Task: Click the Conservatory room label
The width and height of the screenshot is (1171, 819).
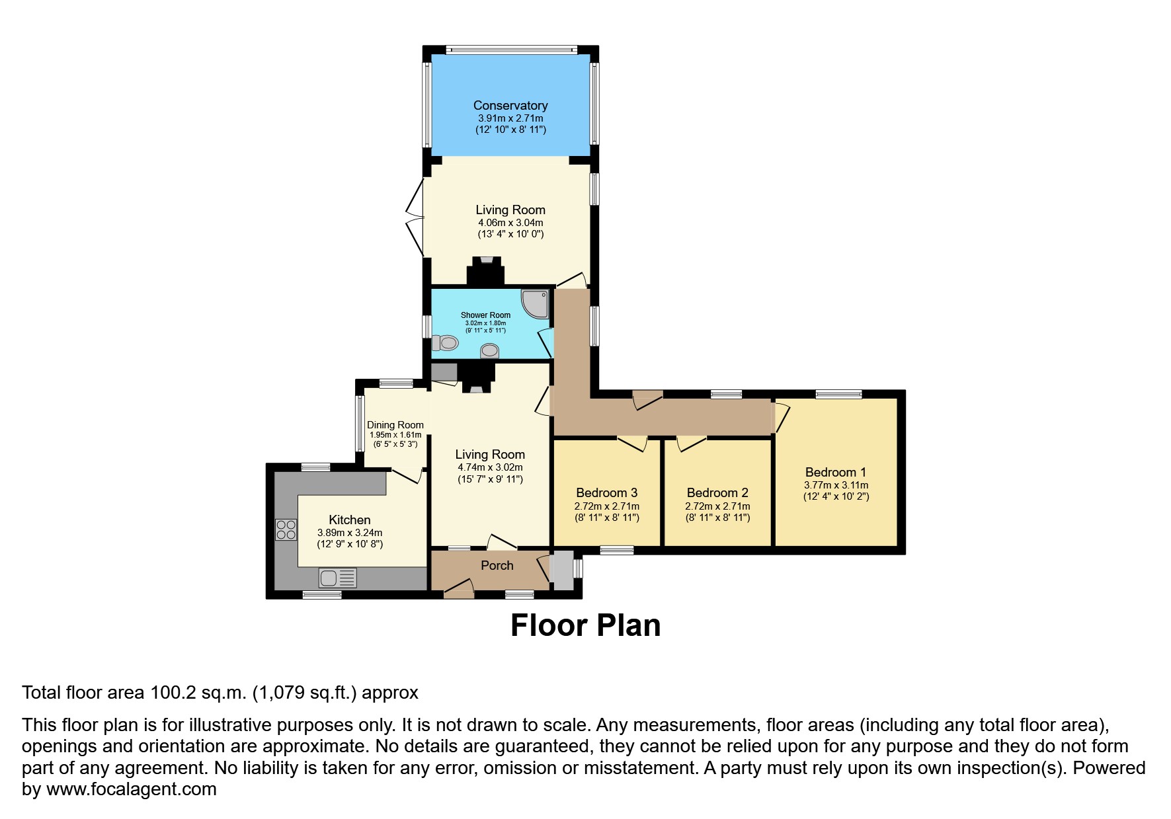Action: (x=510, y=106)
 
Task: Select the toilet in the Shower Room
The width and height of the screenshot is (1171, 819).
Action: (x=446, y=343)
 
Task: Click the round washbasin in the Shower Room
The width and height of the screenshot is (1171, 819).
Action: (x=489, y=350)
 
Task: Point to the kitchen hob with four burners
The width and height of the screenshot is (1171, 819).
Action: (x=286, y=529)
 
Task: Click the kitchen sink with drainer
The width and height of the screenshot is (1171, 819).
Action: (x=337, y=578)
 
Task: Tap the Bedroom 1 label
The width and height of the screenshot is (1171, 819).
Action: (x=835, y=472)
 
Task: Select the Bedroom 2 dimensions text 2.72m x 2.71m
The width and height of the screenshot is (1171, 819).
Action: (x=717, y=506)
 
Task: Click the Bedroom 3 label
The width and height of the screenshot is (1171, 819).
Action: (x=606, y=492)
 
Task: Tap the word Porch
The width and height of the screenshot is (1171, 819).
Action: (x=497, y=565)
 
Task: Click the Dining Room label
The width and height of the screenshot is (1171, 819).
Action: (x=395, y=425)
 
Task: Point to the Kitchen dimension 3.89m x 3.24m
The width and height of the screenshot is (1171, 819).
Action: (x=350, y=533)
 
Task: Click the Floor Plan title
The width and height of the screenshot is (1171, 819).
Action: (x=585, y=625)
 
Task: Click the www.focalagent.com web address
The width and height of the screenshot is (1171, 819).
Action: (x=131, y=789)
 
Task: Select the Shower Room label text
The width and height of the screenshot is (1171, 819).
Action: (x=485, y=315)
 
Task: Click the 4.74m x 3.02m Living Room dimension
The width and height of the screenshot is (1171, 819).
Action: (x=490, y=467)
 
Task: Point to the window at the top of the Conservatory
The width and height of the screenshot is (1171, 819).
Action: (x=511, y=50)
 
